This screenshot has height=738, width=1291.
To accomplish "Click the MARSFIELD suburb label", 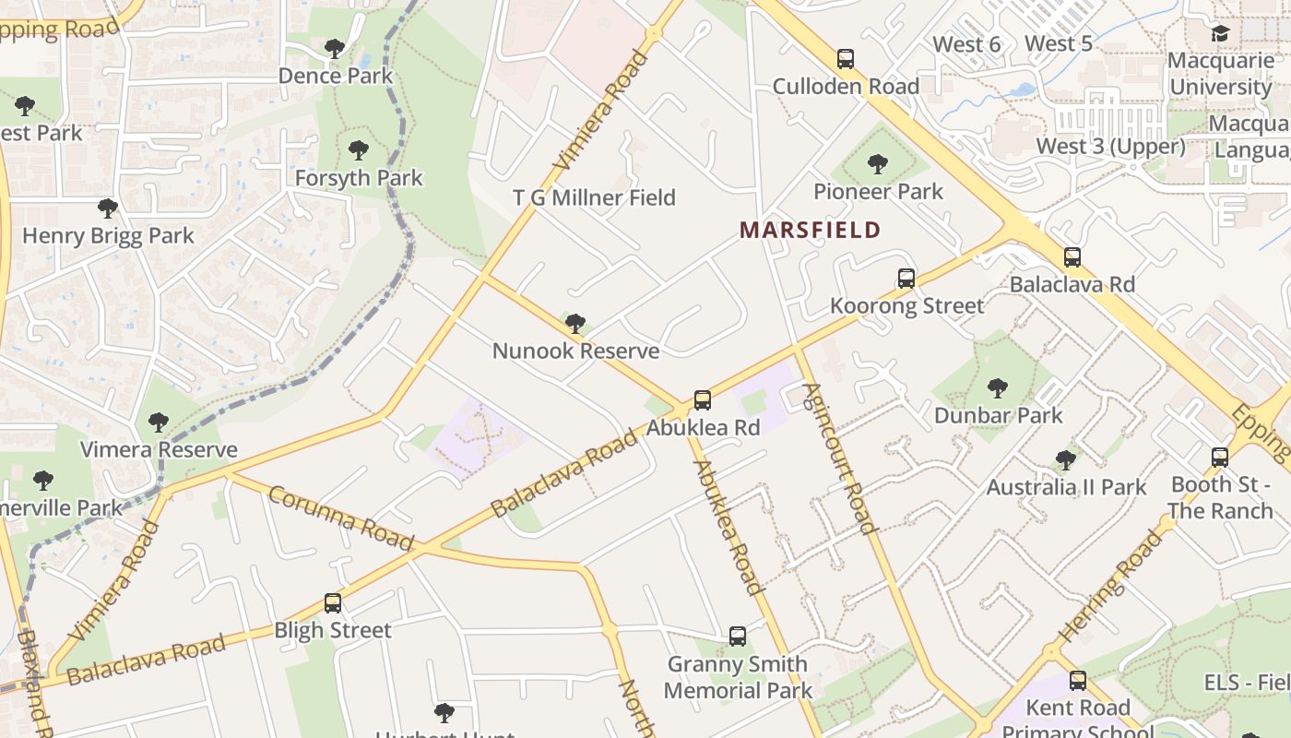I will click(x=810, y=230).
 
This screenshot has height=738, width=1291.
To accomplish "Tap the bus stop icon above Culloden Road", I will click(x=846, y=59).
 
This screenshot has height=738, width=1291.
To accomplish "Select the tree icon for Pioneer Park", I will click(x=878, y=164).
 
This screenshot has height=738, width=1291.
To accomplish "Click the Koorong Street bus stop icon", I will click(x=906, y=278).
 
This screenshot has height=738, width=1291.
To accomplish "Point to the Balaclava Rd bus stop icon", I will click(x=1072, y=256).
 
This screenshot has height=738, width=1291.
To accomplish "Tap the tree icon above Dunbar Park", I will click(x=997, y=388).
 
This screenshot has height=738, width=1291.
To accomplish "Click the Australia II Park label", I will click(x=1066, y=487).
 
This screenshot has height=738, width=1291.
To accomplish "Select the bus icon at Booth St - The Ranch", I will click(x=1220, y=457).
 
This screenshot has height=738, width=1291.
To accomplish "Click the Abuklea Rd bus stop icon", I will click(x=703, y=399).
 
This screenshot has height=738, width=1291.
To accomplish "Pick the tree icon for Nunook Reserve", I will click(x=575, y=323).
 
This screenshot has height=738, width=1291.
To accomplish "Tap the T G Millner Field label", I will click(x=594, y=197).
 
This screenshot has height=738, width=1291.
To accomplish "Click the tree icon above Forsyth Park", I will click(x=358, y=149).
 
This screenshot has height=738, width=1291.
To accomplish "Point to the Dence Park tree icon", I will click(x=335, y=48).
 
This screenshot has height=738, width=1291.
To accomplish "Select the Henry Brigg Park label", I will click(x=108, y=235).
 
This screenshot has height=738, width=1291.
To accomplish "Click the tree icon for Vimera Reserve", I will click(x=159, y=423).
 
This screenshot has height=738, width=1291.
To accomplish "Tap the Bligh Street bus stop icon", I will click(x=333, y=602).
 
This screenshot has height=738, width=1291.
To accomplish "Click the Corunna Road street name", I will click(x=340, y=518).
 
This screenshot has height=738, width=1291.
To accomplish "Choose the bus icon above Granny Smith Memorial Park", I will click(x=737, y=636).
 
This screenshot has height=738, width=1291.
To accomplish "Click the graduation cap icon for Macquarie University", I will click(x=1220, y=34).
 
